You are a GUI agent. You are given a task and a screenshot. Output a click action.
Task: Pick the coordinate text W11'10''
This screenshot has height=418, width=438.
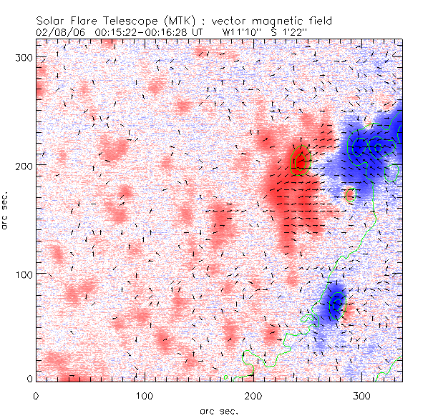pos(241,32)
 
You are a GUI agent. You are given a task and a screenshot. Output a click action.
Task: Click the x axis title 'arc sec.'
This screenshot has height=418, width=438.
pos(219,409)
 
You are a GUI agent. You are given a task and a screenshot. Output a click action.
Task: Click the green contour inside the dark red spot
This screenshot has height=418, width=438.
pos(301,160)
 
